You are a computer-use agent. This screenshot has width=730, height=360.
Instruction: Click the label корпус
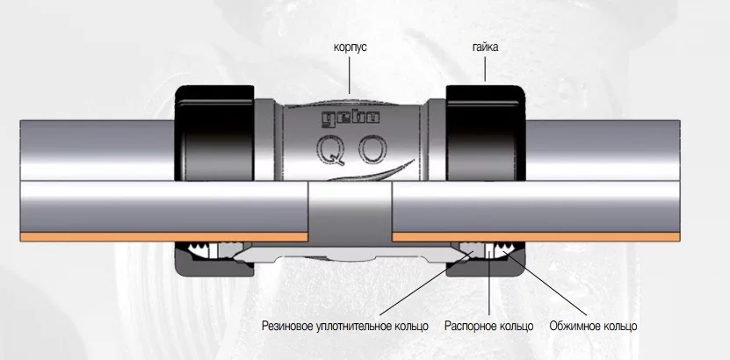pos(351,47)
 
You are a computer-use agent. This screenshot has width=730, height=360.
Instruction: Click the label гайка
pos(485,47)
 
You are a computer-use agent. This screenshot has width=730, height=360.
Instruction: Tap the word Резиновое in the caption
pos(285,326)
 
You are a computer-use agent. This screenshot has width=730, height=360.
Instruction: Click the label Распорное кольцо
pos(488,326)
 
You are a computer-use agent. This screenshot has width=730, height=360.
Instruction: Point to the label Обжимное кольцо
pos(593,326)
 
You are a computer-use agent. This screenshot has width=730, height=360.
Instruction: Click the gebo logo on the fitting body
pos(351,119)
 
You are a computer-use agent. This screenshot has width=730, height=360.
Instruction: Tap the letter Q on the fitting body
pos(331,150)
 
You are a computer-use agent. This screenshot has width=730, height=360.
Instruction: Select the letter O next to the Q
pos(372,150)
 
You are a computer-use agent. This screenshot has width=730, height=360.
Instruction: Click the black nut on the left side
pos(214,133)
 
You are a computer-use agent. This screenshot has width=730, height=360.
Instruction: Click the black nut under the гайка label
pos(486,133)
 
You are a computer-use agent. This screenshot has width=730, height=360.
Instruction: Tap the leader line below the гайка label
pos(485,69)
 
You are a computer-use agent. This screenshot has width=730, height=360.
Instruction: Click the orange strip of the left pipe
pos(164,237)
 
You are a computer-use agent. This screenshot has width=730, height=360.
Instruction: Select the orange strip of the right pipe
pos(536,237)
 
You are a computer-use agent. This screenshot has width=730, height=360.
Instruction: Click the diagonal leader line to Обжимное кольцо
pos(546,284)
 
